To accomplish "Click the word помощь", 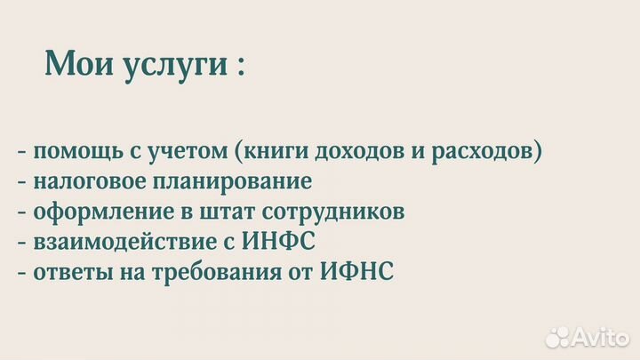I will (75, 153).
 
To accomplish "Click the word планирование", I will (241, 183).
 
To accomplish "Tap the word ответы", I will (68, 272).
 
